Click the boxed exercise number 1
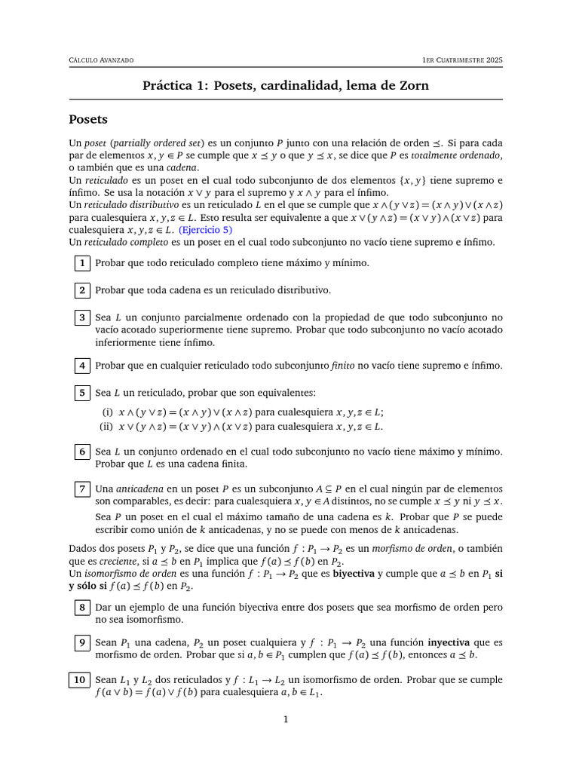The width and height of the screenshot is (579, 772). click(82, 263)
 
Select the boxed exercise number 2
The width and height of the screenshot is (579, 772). click(82, 290)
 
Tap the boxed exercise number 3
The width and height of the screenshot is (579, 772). click(82, 317)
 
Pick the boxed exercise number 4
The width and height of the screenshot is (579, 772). click(82, 366)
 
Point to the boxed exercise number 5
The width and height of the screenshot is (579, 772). click(82, 393)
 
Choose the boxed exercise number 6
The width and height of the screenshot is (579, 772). click(82, 452)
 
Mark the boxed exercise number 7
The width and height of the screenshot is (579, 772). click(82, 489)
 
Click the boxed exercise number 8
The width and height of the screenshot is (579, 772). click(82, 607)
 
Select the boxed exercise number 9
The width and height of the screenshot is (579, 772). click(82, 643)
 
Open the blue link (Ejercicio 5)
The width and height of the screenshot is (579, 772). click(205, 230)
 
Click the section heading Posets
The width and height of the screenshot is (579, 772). click(88, 119)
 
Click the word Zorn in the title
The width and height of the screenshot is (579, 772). click(413, 85)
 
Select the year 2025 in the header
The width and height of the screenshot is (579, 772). click(494, 60)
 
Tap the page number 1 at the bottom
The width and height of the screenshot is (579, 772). click(286, 720)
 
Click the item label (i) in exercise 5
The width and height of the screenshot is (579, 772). click(107, 412)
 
